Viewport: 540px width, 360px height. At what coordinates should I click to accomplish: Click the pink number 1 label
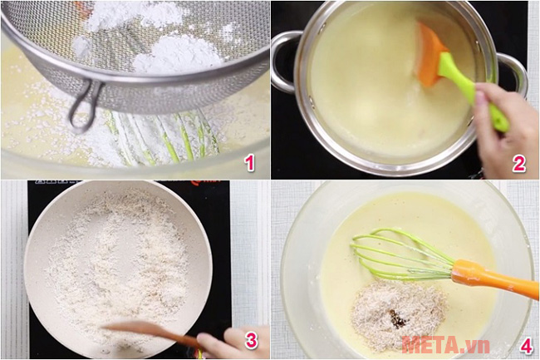coord(248,162)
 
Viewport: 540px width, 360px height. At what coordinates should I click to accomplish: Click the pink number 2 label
coord(518,163)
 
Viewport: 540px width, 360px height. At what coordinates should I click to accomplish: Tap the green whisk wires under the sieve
coord(174,141)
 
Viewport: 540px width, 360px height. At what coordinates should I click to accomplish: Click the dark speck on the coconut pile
coord(398,319)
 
